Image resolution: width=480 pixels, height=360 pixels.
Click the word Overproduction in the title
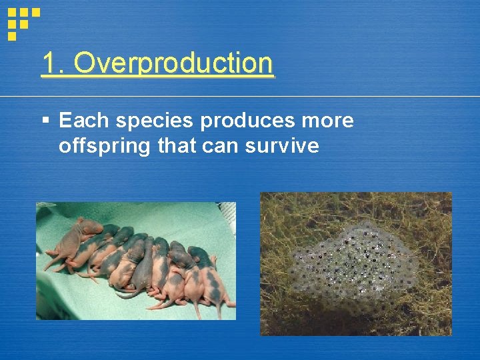click(x=173, y=64)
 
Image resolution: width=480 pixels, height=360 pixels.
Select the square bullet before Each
click(x=45, y=121)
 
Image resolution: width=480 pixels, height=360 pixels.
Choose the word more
click(x=327, y=121)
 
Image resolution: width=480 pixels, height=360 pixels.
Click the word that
click(x=177, y=145)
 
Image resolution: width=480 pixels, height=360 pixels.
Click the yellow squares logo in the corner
click(x=23, y=21)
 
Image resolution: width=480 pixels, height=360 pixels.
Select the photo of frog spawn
click(x=355, y=263)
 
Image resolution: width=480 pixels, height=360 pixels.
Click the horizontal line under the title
click(x=267, y=97)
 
